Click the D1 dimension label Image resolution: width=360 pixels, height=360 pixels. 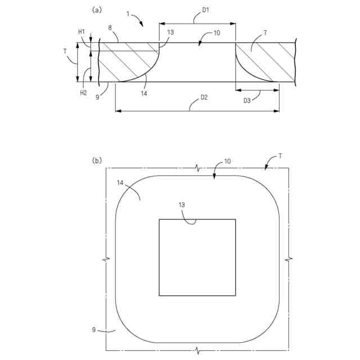[x=205, y=10]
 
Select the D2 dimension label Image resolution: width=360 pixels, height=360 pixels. [x=204, y=97]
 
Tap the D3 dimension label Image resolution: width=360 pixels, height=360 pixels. [x=247, y=101]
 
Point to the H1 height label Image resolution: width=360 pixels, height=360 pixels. [x=82, y=32]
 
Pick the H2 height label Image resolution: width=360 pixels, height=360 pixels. [x=83, y=93]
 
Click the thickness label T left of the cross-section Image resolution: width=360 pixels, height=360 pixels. [x=65, y=52]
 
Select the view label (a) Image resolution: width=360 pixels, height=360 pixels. [x=97, y=10]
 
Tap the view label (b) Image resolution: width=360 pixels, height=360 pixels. [x=97, y=160]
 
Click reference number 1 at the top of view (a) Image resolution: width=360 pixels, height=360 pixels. [x=128, y=14]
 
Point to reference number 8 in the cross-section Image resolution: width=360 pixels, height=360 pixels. [x=110, y=28]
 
